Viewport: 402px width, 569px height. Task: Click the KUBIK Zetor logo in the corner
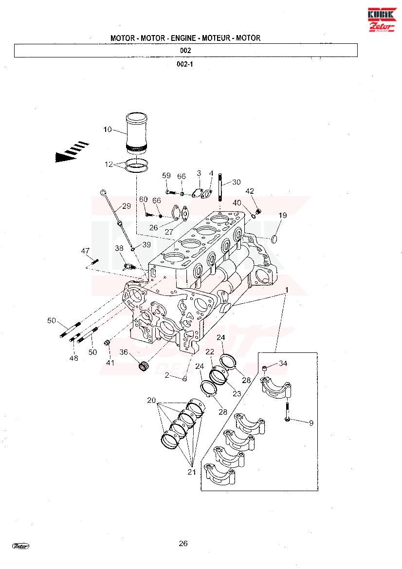coord(383,19)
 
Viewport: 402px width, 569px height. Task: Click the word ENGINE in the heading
coord(183,38)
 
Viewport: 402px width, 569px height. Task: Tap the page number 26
coord(183,543)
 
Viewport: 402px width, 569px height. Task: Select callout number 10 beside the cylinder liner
coord(108,129)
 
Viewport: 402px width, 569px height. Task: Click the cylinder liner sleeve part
coord(136,133)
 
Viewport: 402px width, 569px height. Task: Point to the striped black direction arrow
coord(72,152)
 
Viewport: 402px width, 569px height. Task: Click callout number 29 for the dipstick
coord(126,206)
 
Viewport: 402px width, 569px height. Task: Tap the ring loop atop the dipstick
coord(103,191)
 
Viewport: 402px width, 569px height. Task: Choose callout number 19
coord(283,215)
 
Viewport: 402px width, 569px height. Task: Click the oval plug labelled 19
coord(274,239)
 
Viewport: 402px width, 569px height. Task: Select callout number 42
coord(250,191)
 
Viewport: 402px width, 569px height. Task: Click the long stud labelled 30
coord(220,187)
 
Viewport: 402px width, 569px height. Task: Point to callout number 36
coord(124,352)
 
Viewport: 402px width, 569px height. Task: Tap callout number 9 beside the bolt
coord(311,423)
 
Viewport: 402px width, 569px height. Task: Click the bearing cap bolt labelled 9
coord(287,412)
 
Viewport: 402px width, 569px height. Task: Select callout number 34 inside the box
coord(283,363)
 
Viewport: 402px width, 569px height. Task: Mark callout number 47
coord(85,251)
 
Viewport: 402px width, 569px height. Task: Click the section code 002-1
coord(184,64)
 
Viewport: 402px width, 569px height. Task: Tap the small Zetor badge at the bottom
coord(20,546)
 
